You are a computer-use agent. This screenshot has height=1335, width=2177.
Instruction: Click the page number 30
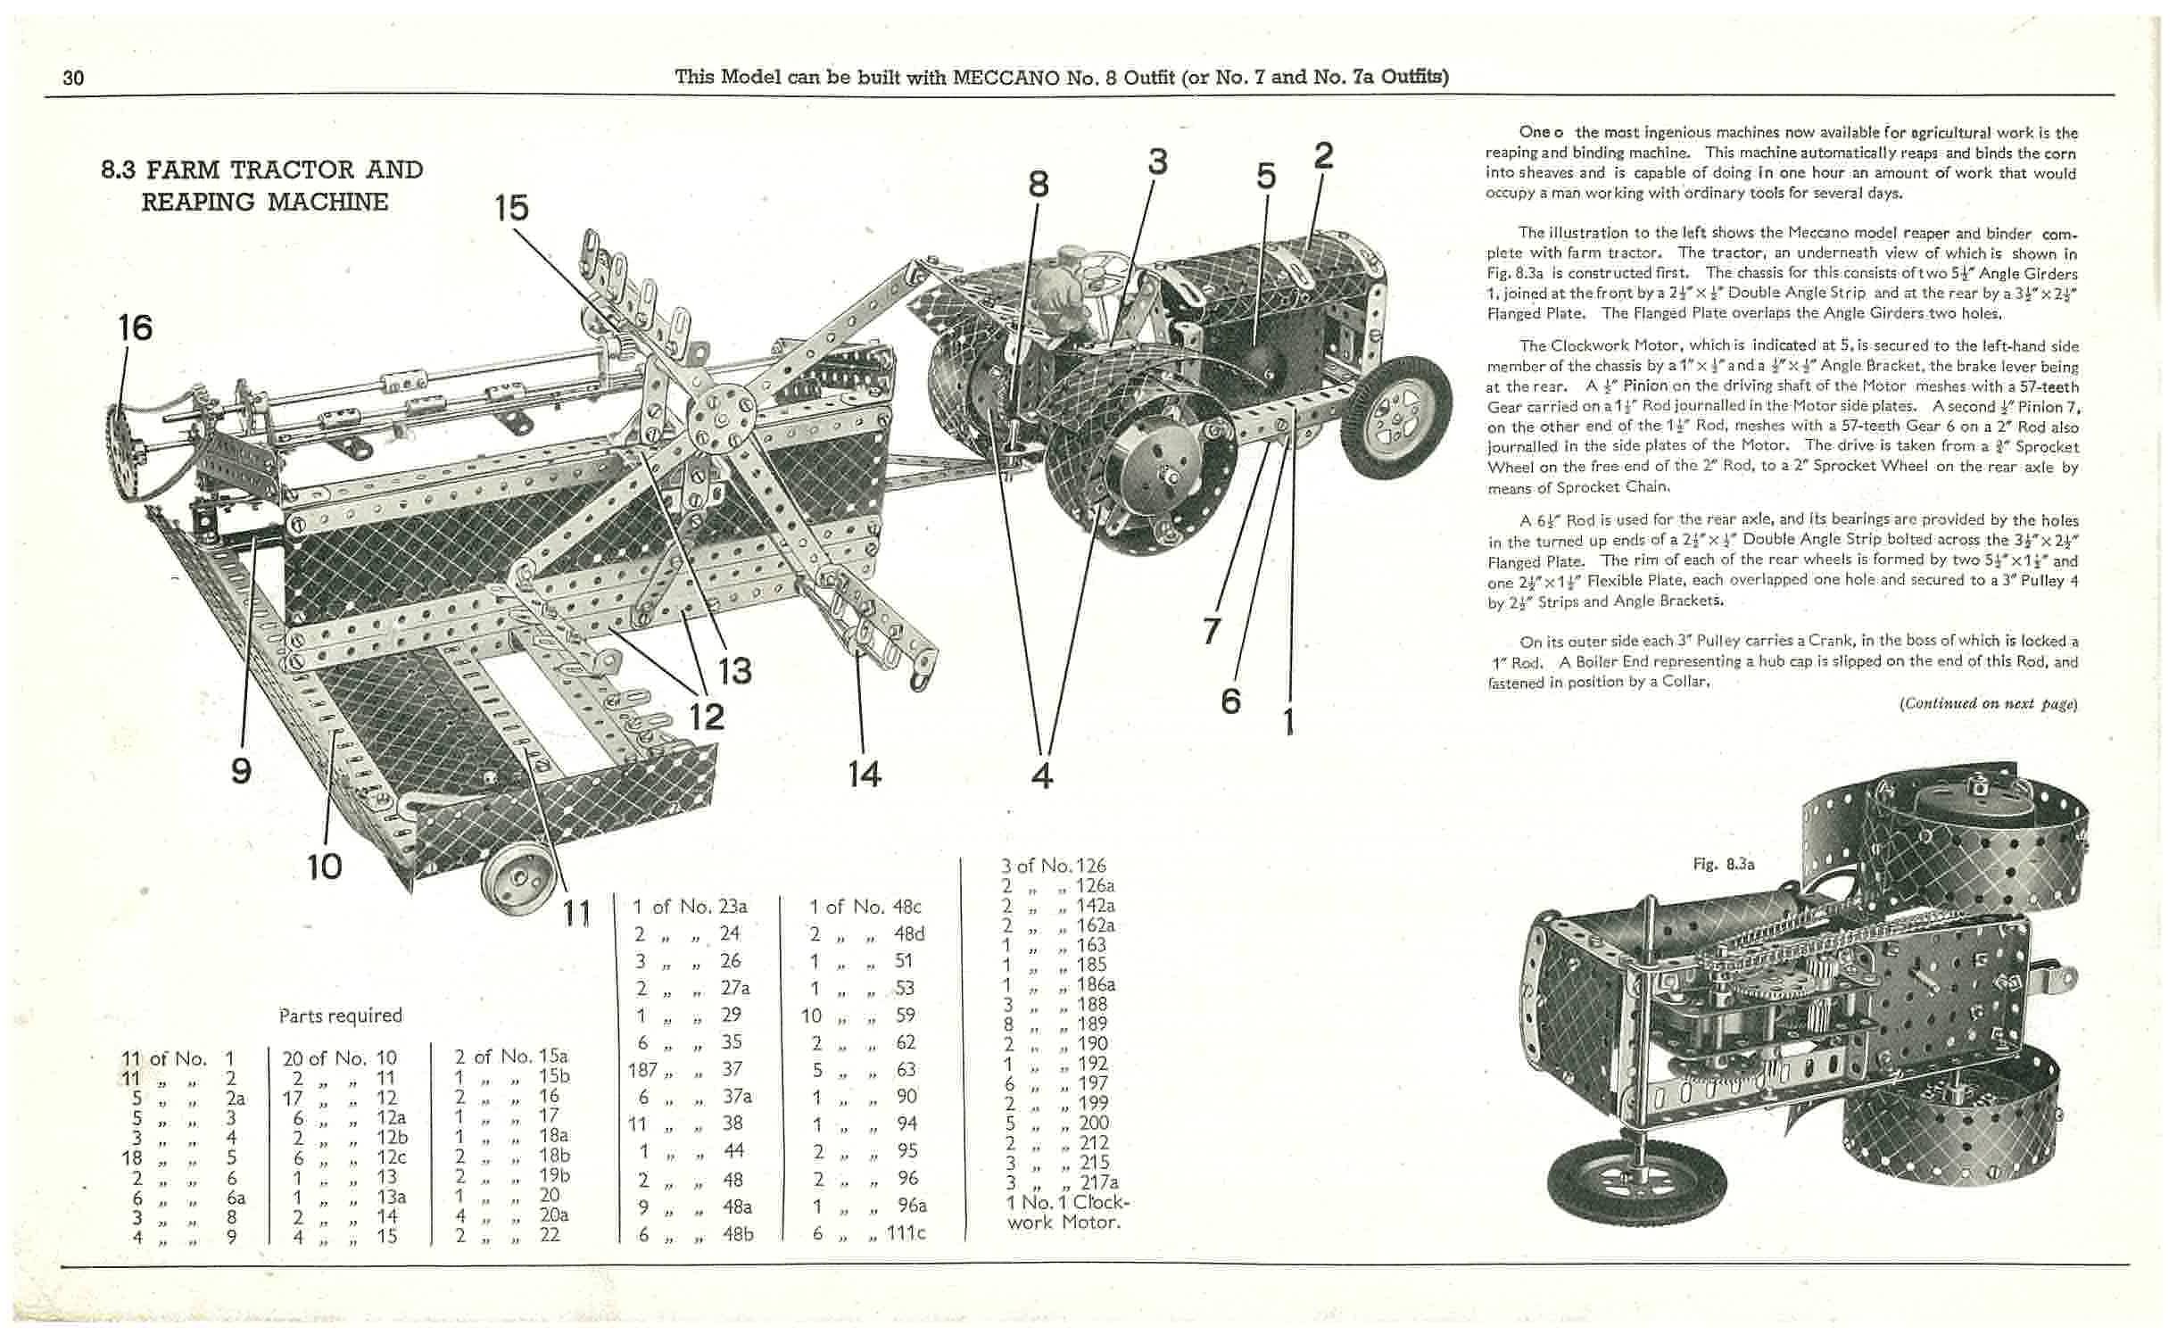pos(73,78)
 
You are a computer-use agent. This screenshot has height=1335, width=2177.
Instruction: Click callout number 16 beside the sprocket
pos(136,328)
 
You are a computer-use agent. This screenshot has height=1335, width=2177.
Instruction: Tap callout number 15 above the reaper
pos(511,208)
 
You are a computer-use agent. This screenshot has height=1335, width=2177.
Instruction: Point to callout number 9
pos(241,769)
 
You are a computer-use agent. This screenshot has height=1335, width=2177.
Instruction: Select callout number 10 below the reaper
pos(324,865)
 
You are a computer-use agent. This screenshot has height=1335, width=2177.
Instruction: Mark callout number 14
pos(864,773)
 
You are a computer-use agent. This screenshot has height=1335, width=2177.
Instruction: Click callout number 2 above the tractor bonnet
pos(1323,155)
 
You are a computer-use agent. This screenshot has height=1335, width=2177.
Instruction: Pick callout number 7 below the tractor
pos(1211,631)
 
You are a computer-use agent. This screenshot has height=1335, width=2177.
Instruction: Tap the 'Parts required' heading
pos(340,1016)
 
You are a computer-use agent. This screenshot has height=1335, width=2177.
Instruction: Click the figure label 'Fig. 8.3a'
pos(1724,864)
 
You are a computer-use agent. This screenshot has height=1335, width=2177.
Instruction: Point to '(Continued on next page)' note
pos(1988,703)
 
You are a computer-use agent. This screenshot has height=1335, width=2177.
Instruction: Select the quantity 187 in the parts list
pos(642,1069)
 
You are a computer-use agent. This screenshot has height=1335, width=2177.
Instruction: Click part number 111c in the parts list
pos(906,1234)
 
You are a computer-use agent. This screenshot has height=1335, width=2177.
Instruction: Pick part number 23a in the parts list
pos(732,907)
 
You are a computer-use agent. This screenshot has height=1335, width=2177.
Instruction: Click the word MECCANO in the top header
pos(1006,77)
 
